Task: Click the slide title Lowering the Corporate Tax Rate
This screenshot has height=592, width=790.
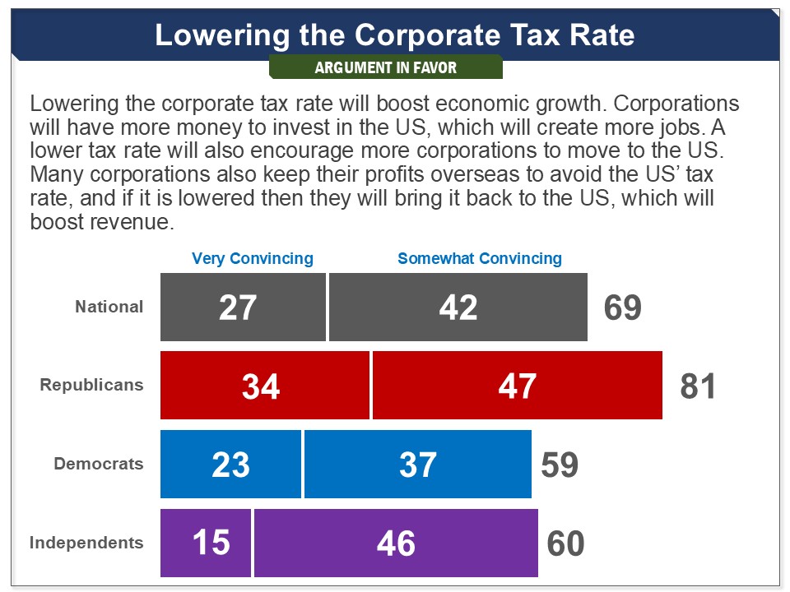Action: point(395,35)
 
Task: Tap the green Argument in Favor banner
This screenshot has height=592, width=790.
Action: point(385,67)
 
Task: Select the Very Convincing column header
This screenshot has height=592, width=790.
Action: point(253,258)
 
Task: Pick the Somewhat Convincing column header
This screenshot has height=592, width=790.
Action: point(480,258)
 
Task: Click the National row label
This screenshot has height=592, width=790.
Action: point(109,307)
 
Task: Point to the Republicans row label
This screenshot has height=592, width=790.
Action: point(91,385)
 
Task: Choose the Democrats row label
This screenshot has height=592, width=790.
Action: point(99,464)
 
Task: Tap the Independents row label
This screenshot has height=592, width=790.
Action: point(86,543)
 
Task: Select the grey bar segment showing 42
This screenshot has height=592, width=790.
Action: point(458,307)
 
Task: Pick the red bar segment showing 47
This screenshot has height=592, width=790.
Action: point(518,386)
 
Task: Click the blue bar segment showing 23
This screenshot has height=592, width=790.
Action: point(231,465)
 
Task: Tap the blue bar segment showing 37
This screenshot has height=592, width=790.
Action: point(418,465)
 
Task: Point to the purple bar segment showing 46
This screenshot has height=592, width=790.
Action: point(396,543)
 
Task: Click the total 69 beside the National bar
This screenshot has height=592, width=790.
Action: point(622,308)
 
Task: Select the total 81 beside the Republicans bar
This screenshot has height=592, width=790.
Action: point(698,386)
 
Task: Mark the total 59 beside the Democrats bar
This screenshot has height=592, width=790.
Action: point(560,465)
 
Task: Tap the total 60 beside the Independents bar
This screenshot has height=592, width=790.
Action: point(565,544)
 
